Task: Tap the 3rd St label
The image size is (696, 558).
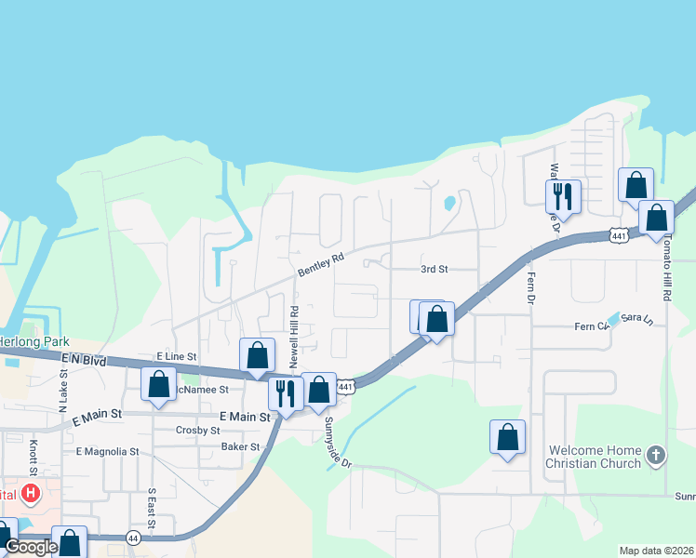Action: (x=435, y=269)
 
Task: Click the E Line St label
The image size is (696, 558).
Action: (x=177, y=356)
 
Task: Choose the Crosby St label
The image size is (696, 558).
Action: (x=197, y=431)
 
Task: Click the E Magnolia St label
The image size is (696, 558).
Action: (x=107, y=452)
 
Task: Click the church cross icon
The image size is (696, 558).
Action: (x=656, y=456)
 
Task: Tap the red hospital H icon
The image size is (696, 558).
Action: (x=33, y=493)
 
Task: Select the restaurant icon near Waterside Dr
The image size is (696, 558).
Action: (x=563, y=196)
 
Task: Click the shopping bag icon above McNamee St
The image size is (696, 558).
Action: (x=257, y=355)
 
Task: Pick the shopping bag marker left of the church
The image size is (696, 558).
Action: (x=507, y=437)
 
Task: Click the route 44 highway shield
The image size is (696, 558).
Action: (x=134, y=538)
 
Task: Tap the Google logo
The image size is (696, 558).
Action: (x=31, y=547)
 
